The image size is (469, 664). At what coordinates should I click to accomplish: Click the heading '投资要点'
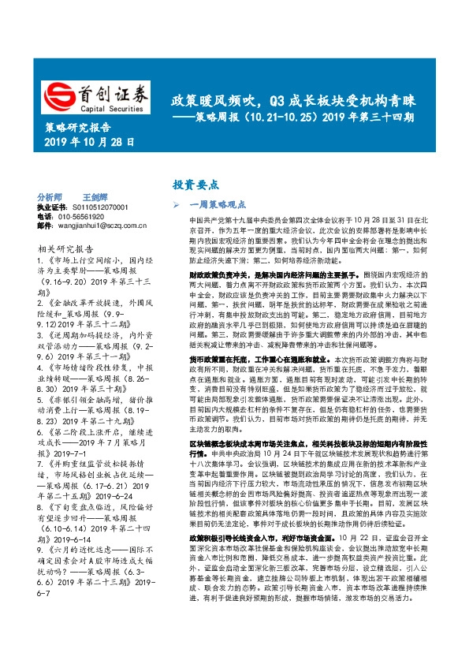195,185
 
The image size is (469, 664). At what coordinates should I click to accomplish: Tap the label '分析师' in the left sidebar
50,196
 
